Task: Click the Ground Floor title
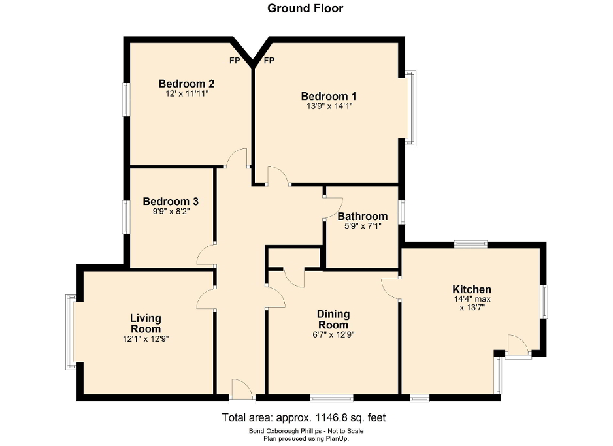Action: coord(305,8)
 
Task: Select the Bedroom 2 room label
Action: coord(187,84)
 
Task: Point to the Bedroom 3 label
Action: coord(171,202)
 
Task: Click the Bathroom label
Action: coord(363,216)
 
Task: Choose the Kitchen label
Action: coord(472,289)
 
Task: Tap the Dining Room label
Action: coord(333,319)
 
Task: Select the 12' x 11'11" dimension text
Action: coord(187,94)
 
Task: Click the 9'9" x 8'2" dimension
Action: coord(171,212)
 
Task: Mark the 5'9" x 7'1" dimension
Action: coord(363,226)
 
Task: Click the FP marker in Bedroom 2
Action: coord(235,61)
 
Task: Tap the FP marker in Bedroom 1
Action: coord(269,61)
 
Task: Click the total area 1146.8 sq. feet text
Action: coord(305,417)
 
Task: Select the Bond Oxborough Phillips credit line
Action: coord(305,431)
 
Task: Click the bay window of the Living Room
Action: coord(70,332)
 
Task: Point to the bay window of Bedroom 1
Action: coord(410,108)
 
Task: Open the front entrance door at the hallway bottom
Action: coord(242,390)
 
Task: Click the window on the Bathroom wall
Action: coord(403,213)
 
